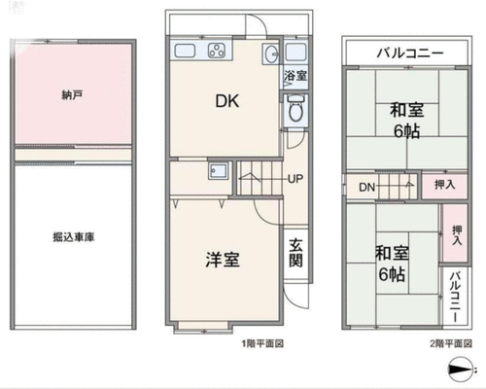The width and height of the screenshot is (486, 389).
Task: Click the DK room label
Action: pos(227,101)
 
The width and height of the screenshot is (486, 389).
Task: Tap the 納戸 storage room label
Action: pos(72,95)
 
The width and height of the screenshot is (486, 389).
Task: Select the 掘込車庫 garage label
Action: pos(74,237)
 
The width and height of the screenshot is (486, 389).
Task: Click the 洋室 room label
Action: pos(223,260)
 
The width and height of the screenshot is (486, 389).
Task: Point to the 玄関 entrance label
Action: pos(295,252)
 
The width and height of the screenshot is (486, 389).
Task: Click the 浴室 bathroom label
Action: pos(295,76)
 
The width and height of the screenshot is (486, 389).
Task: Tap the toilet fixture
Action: pos(295,108)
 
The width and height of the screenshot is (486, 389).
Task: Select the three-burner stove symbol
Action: pos(217,51)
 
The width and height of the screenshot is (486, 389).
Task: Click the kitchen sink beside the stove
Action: pos(185,51)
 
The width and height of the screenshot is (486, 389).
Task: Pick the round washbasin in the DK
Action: pos(271,53)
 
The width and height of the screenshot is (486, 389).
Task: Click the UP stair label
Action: pos(295,179)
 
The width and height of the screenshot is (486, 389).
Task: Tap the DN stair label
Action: pos(366,187)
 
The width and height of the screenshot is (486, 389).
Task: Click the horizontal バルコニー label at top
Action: pos(410,53)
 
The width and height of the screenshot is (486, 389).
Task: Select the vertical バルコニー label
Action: pos(456,297)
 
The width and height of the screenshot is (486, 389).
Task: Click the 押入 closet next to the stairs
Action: pos(445,185)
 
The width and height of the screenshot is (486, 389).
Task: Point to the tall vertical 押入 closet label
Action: pos(457,235)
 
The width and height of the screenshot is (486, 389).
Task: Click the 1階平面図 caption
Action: pos(262,343)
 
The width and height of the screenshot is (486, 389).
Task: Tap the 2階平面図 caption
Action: pos(451,343)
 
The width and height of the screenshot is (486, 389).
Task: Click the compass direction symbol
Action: pos(461,369)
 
